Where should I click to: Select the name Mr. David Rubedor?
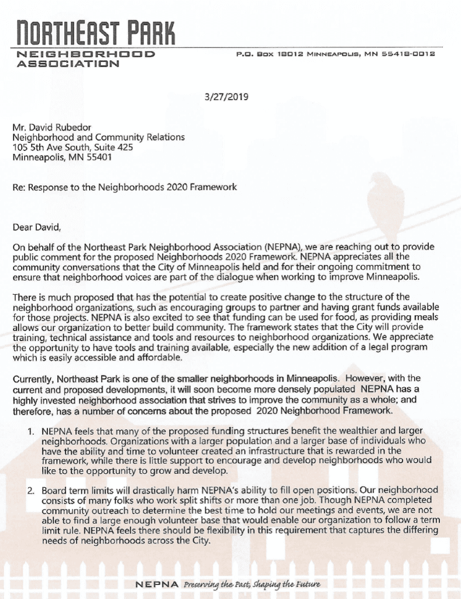(x=50, y=127)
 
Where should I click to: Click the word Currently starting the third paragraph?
(x=34, y=378)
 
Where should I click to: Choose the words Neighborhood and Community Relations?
(x=98, y=137)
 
